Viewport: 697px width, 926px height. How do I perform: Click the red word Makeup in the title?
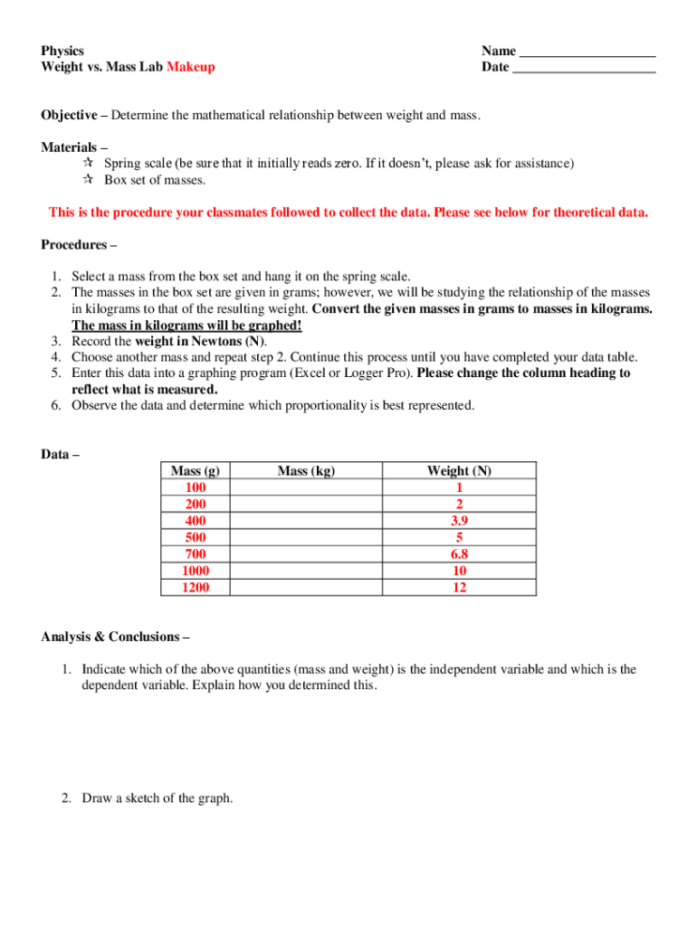point(190,68)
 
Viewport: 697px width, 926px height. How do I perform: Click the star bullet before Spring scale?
point(88,164)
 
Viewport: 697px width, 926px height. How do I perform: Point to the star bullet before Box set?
point(88,180)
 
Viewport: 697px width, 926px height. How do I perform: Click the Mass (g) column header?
point(195,471)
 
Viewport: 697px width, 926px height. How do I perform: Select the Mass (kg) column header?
point(306,471)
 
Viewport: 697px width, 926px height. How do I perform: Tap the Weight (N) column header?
point(459,471)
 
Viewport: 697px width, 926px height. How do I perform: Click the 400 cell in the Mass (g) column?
point(195,521)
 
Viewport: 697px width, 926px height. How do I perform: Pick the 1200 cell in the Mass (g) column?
point(195,588)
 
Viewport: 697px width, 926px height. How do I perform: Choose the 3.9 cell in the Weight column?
point(459,521)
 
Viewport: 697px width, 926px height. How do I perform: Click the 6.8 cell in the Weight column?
point(459,554)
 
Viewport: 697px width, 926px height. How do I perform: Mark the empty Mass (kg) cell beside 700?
point(306,554)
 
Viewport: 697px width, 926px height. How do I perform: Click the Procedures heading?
point(78,245)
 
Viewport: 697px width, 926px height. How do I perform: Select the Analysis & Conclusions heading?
point(115,638)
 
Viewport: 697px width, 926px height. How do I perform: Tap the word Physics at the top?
point(62,52)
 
